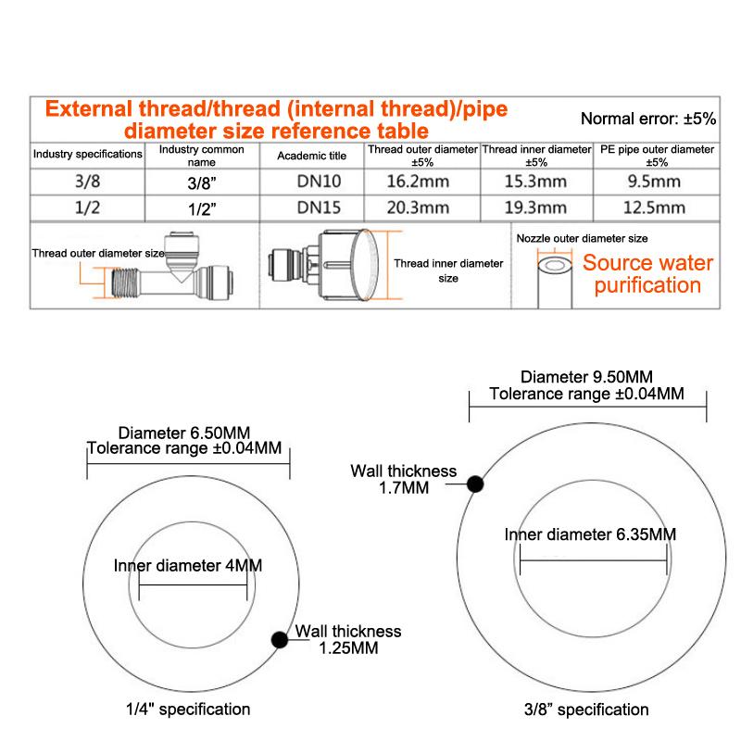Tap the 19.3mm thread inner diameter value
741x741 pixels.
(536, 207)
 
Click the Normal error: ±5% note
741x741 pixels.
(647, 119)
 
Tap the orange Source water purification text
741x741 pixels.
(647, 274)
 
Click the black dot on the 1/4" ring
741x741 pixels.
(277, 638)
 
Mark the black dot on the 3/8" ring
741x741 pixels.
(475, 483)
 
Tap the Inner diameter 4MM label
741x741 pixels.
(188, 565)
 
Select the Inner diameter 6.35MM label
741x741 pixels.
(590, 534)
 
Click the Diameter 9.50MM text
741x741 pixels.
(587, 377)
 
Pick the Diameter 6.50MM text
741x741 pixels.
(185, 433)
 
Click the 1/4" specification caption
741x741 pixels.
(188, 710)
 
